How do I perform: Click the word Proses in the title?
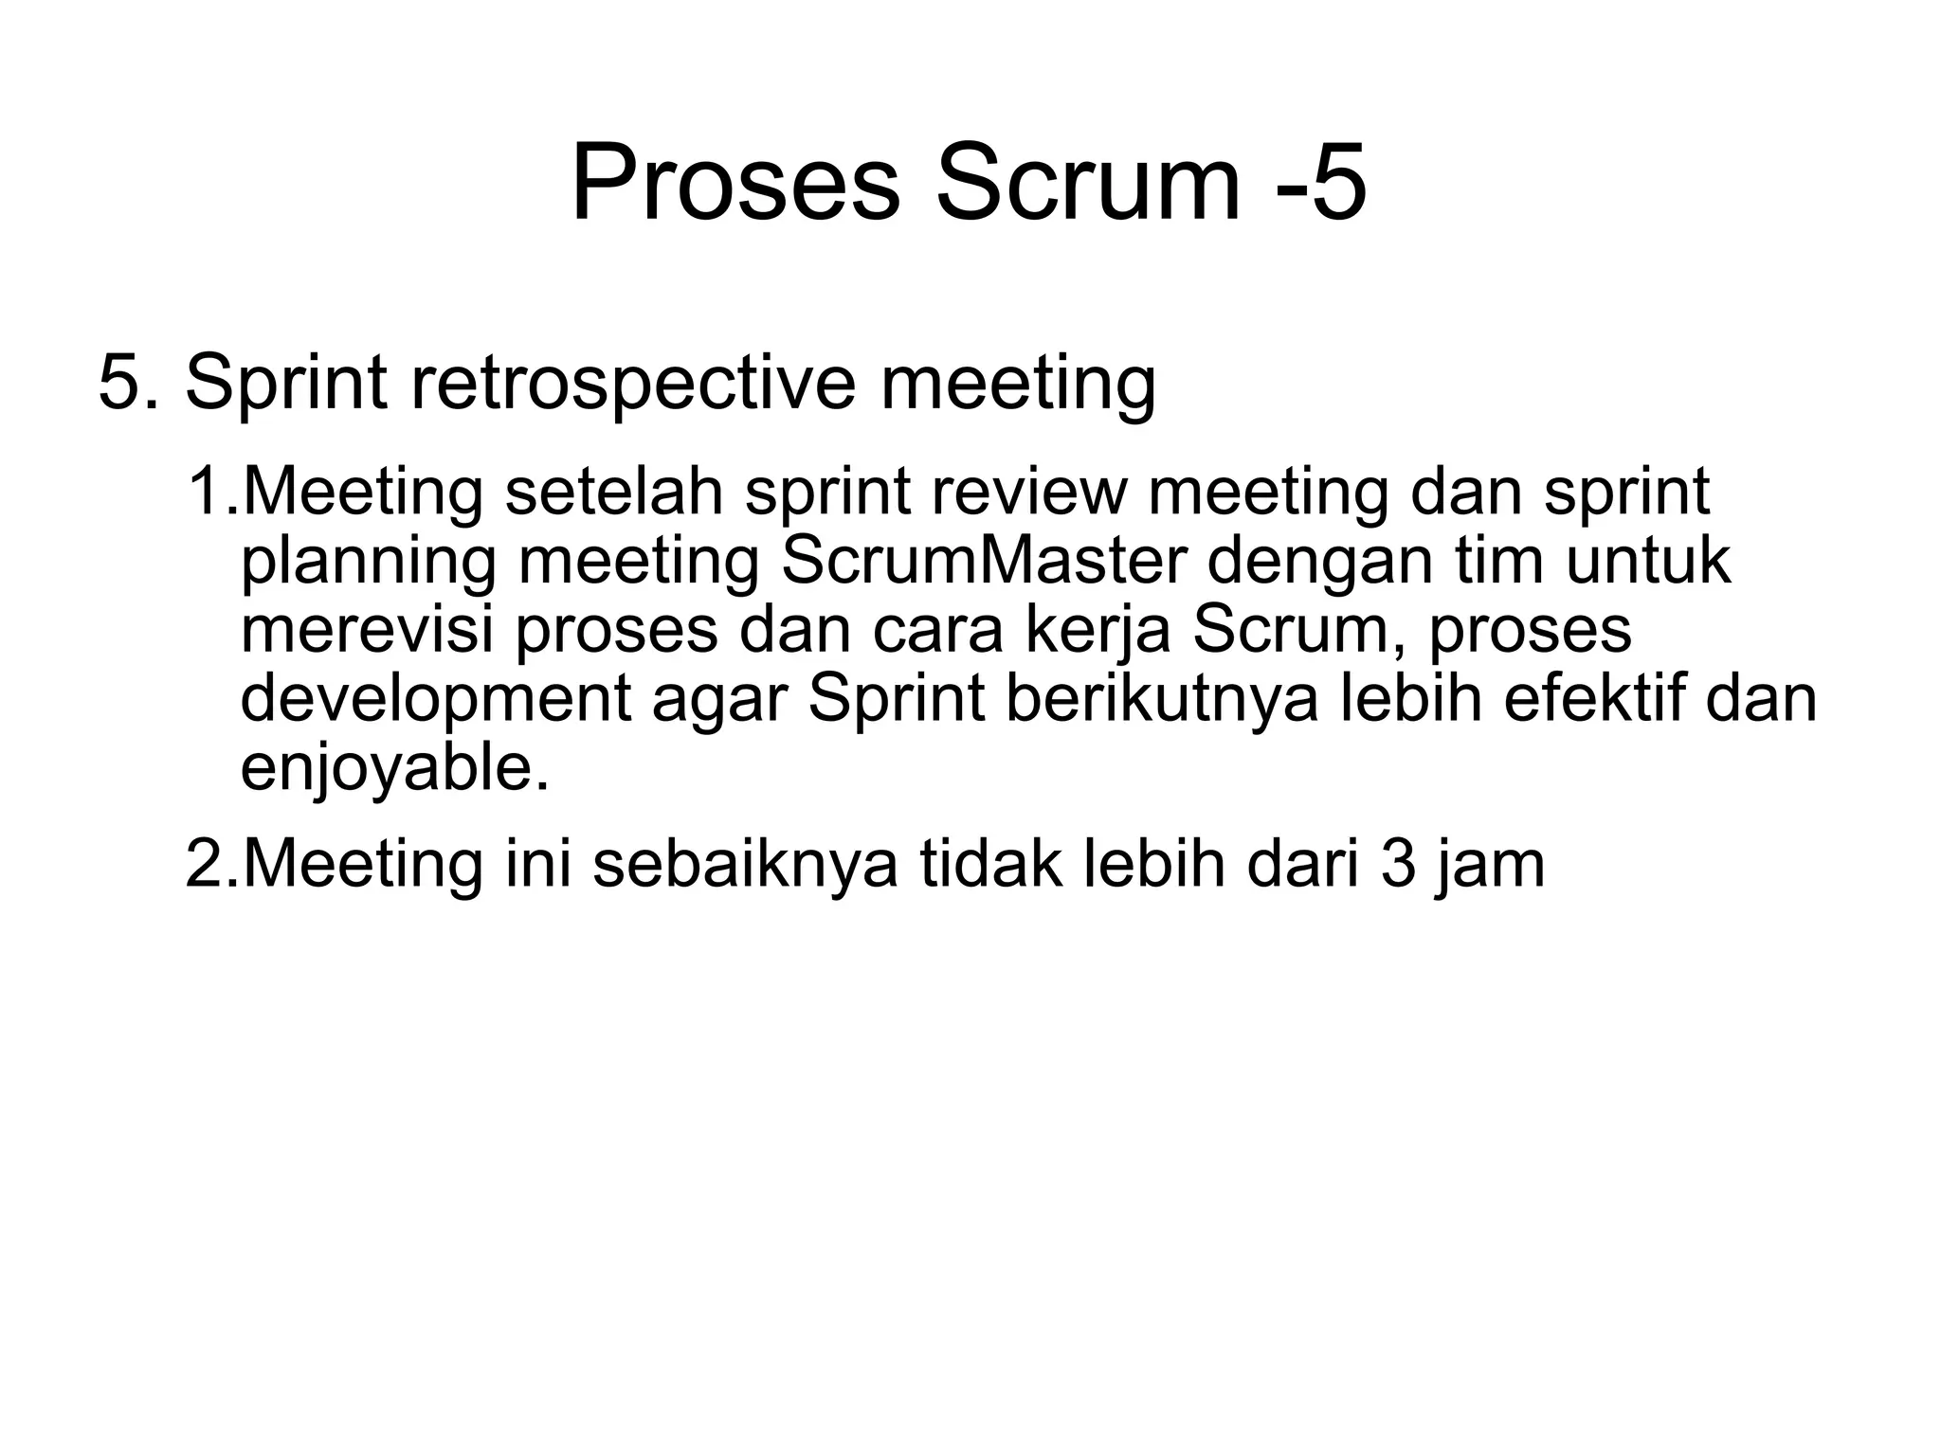tap(735, 183)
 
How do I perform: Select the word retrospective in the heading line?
tap(633, 384)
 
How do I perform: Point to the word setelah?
tap(614, 492)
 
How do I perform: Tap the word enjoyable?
tap(394, 769)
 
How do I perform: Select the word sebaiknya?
tap(745, 864)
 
